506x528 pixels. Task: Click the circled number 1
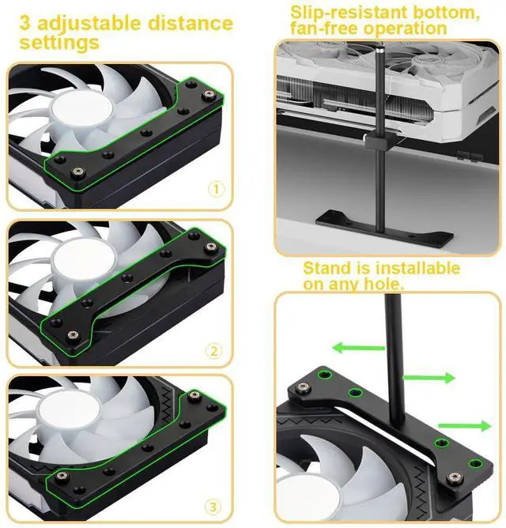pos(216,190)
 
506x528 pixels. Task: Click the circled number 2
pos(215,350)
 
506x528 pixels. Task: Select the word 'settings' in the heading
pos(60,42)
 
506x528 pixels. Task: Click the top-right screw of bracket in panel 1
pos(210,95)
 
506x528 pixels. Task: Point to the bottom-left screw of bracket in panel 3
pos(61,475)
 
